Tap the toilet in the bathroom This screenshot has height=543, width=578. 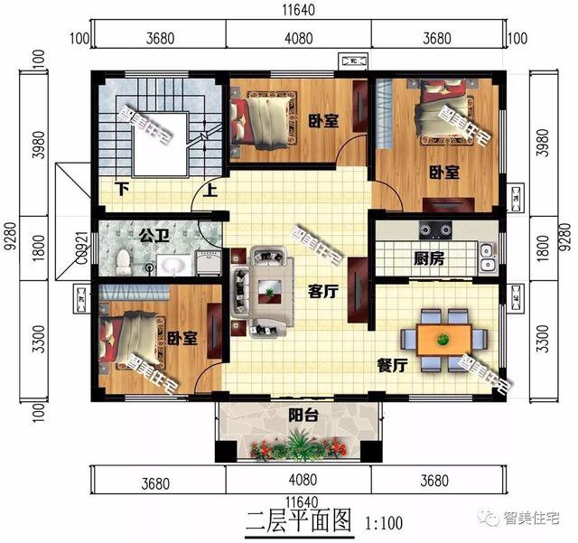123,261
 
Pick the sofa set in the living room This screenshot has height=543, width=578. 262,285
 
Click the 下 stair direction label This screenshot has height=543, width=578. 120,190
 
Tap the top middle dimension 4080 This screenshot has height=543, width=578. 298,39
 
